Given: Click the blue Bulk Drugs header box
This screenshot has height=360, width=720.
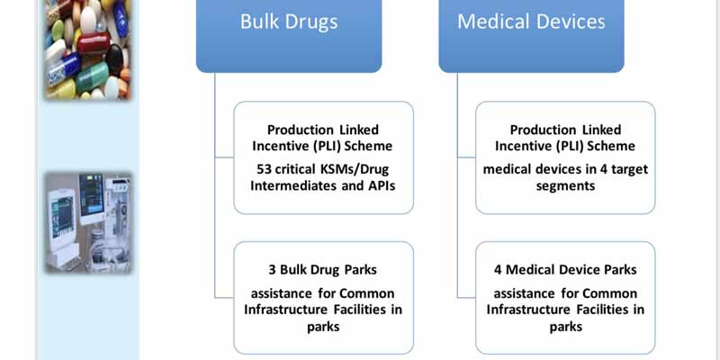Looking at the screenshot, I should pos(289,36).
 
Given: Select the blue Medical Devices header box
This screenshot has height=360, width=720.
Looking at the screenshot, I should pos(531,36).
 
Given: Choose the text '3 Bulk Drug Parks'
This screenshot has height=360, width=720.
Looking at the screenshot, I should pos(323,270).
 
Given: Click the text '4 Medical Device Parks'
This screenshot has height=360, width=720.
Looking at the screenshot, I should pos(565,270).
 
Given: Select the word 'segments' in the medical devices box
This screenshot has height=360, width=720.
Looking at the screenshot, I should pos(565,186).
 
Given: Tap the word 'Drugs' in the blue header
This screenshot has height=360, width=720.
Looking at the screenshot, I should pos(314,22).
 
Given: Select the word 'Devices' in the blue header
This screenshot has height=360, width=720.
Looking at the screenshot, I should pos(569,22).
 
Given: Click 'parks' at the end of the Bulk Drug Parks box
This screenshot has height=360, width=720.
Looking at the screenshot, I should pos(323,327).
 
